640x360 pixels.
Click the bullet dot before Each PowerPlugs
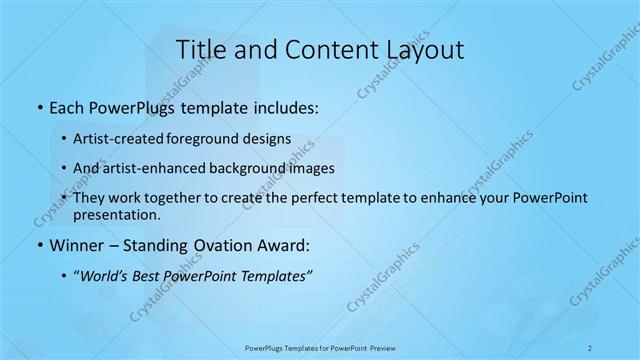pos(38,106)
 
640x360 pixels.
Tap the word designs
pos(271,138)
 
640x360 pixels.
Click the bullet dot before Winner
pos(38,246)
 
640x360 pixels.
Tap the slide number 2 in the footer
pos(591,348)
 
